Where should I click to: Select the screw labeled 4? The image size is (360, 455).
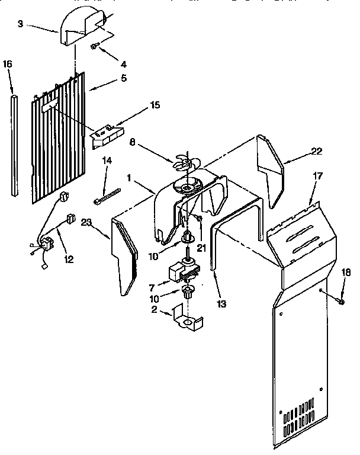[95, 46]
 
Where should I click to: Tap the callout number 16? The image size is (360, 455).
[8, 63]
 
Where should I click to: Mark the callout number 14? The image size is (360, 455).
[108, 161]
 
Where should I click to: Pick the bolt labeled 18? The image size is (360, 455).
[342, 302]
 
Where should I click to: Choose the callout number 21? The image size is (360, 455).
[202, 232]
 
